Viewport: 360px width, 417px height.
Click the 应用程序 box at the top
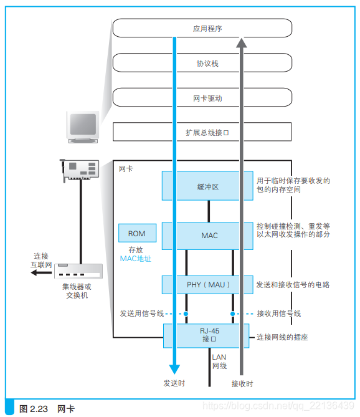pyautogui.click(x=202, y=28)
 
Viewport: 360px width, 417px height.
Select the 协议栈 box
pyautogui.click(x=202, y=63)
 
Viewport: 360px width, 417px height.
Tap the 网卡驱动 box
pyautogui.click(x=202, y=98)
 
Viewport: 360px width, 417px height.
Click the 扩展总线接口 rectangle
pyautogui.click(x=202, y=132)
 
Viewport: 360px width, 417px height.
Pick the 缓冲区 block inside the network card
pyautogui.click(x=208, y=186)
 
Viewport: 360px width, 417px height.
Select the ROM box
pyautogui.click(x=137, y=234)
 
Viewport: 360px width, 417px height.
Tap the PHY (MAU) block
pyautogui.click(x=208, y=285)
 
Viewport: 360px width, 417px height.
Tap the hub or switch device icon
pyautogui.click(x=79, y=271)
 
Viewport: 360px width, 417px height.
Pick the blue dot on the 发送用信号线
pyautogui.click(x=186, y=314)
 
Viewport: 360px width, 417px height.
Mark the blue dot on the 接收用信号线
pyautogui.click(x=232, y=314)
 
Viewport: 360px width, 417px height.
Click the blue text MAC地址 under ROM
pyautogui.click(x=136, y=258)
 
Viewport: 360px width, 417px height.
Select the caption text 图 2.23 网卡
pyautogui.click(x=47, y=409)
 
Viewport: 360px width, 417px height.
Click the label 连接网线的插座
pyautogui.click(x=282, y=337)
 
